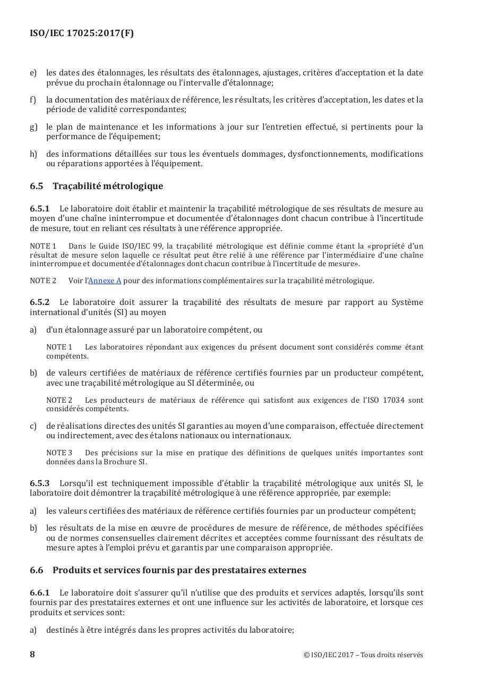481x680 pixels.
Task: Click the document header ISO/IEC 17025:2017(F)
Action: click(82, 33)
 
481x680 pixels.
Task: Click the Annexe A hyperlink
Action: click(105, 280)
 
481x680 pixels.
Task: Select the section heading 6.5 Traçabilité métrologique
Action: click(97, 186)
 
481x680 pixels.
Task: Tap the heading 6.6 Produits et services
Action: click(168, 570)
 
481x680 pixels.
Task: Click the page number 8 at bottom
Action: click(32, 654)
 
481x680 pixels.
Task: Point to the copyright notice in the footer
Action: click(363, 654)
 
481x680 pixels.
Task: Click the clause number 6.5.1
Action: click(39, 208)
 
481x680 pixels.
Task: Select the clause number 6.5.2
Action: click(39, 302)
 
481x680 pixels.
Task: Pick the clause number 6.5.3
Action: click(39, 483)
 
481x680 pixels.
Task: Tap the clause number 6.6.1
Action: click(39, 592)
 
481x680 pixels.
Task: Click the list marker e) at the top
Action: click(33, 73)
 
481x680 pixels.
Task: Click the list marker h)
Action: click(33, 154)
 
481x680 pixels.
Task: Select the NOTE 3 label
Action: click(59, 453)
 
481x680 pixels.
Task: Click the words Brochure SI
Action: click(124, 462)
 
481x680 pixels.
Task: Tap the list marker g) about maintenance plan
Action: click(33, 127)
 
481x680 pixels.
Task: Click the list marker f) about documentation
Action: click(33, 100)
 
